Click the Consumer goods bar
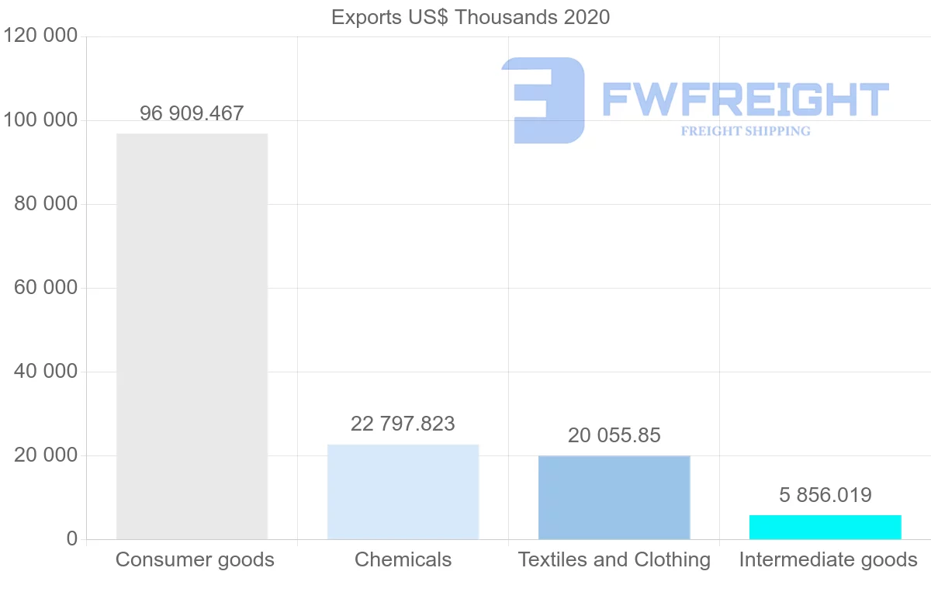coord(192,336)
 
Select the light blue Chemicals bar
coord(403,492)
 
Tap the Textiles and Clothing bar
coord(614,497)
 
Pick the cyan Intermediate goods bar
coord(825,527)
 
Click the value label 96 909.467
coord(192,113)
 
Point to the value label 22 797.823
coord(403,424)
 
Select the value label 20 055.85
coord(614,435)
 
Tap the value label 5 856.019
coord(825,495)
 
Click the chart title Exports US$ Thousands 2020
coord(470,17)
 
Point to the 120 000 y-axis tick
coord(40,36)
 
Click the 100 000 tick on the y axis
coord(40,120)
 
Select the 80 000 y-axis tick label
coord(47,204)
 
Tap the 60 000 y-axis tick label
coord(47,288)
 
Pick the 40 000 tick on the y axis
coord(47,372)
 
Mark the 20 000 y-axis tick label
coord(47,455)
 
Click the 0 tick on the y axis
coord(72,539)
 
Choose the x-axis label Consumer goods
coord(195,559)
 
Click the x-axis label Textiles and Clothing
coord(614,559)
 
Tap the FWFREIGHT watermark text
coord(745,99)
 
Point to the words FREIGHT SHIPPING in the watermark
coord(745,131)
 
